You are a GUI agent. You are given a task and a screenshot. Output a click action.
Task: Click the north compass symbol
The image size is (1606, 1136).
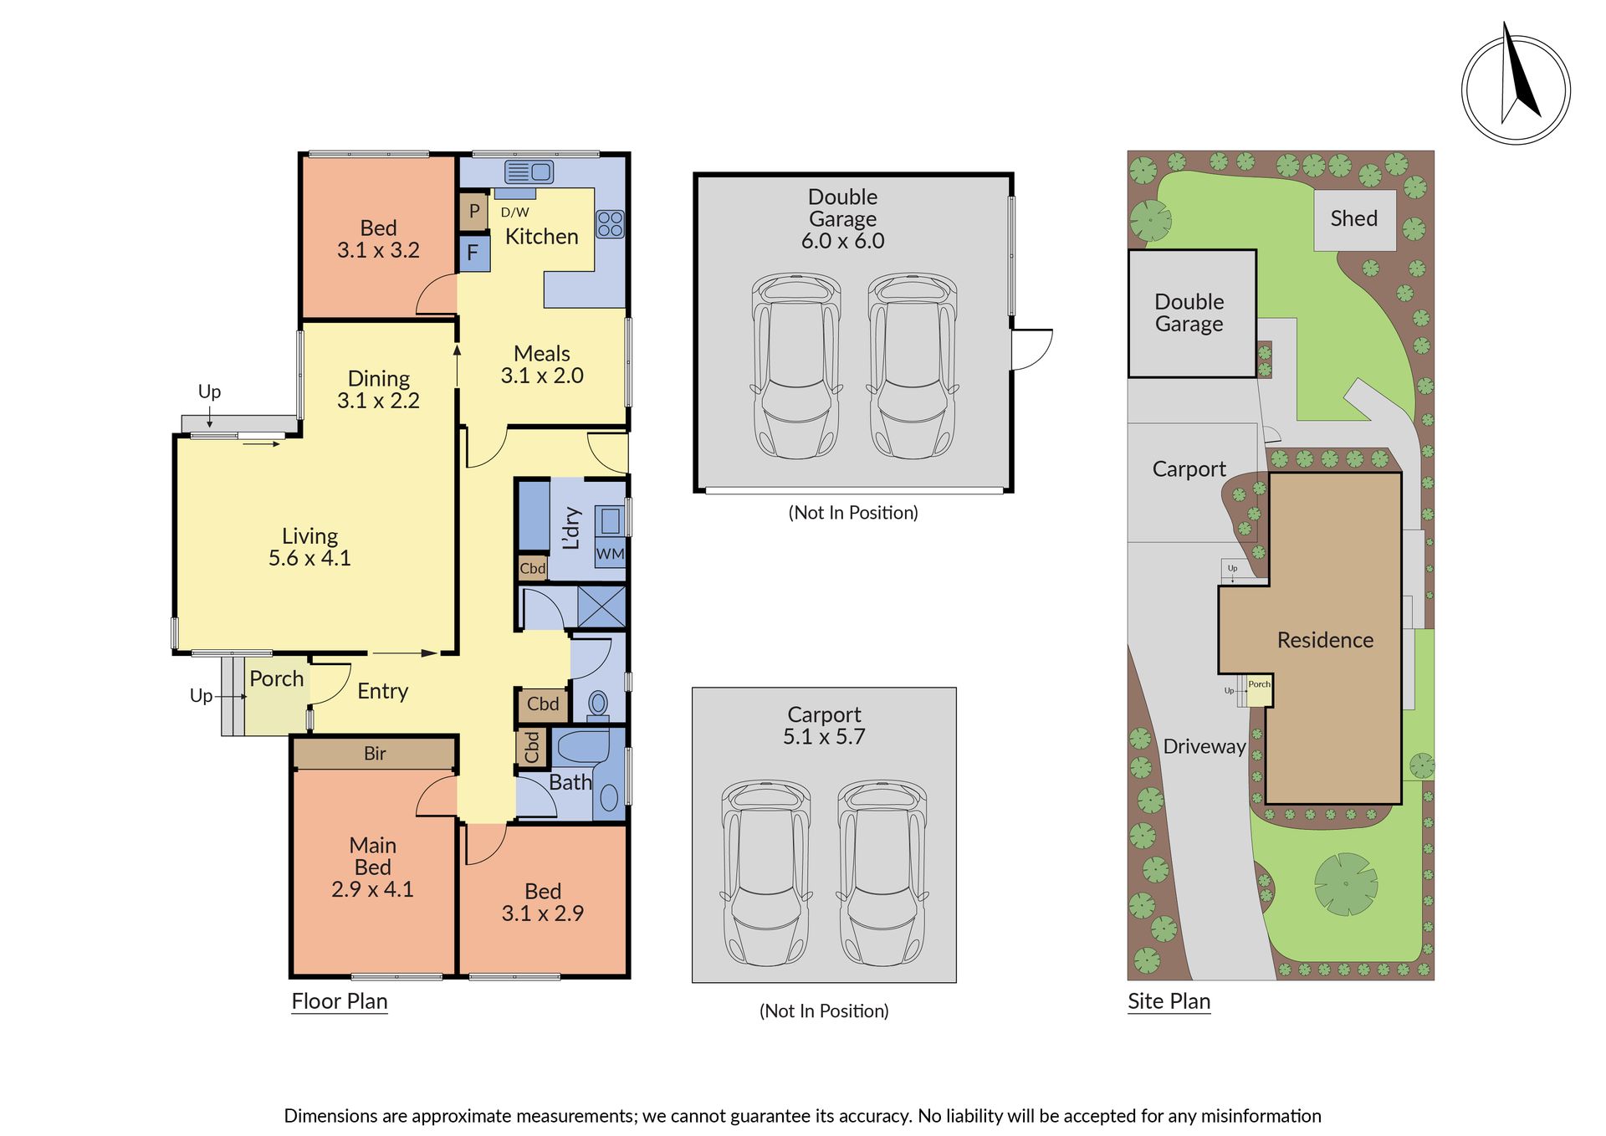[x=1516, y=89]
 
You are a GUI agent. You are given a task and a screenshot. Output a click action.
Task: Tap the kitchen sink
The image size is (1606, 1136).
[x=529, y=171]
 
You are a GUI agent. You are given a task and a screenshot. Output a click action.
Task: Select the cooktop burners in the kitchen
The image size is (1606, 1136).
[x=610, y=224]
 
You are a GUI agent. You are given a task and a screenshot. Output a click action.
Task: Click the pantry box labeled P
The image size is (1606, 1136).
[x=473, y=212]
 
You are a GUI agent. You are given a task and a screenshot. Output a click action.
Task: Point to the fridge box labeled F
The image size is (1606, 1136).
[x=473, y=253]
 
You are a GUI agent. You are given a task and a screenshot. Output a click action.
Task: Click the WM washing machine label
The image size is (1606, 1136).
[x=610, y=555]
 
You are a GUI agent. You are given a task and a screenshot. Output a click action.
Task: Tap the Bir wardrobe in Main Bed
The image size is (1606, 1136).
[x=375, y=754]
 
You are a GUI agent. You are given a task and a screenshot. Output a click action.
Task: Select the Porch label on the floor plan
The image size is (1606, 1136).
[x=277, y=678]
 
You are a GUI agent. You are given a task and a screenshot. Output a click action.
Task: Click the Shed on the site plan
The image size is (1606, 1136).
[x=1354, y=219]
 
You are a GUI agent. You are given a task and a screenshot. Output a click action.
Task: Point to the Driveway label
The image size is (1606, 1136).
[x=1204, y=746]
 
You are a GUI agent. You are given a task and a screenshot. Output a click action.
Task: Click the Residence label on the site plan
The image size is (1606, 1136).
[x=1325, y=640]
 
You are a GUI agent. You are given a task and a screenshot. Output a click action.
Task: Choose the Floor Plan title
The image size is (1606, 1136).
[x=340, y=1001]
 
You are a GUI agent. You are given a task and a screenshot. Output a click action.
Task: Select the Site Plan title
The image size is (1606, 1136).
[x=1169, y=1001]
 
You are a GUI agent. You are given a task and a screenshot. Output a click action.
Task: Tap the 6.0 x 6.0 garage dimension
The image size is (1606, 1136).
[x=842, y=241]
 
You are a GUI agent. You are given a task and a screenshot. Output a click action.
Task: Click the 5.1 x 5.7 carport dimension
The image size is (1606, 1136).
[x=824, y=737]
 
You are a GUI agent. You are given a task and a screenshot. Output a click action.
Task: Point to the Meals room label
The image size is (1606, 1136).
[x=542, y=354]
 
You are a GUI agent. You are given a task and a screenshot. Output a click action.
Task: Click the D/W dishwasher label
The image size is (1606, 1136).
[x=514, y=212]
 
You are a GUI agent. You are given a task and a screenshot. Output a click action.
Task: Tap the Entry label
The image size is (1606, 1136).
[x=382, y=691]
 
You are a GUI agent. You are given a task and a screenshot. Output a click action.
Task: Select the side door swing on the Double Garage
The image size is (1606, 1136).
[x=1032, y=350]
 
